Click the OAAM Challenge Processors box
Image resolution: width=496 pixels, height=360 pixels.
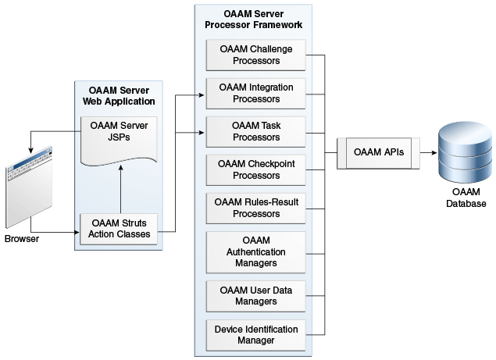click(x=255, y=55)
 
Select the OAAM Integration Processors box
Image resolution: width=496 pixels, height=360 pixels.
click(x=255, y=93)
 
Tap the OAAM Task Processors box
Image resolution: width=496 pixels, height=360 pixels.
click(x=255, y=131)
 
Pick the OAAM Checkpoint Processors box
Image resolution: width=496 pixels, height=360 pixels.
click(x=255, y=169)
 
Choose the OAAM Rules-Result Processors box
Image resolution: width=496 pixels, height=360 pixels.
click(x=255, y=207)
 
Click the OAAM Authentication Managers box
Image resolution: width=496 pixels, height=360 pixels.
click(x=255, y=251)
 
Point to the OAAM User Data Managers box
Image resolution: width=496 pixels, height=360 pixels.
click(x=255, y=296)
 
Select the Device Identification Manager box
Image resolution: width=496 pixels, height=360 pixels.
click(x=255, y=335)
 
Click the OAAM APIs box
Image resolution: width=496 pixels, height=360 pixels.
click(x=379, y=153)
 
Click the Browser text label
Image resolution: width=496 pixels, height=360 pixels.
click(x=22, y=238)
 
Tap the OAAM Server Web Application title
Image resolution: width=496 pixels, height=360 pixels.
click(x=119, y=96)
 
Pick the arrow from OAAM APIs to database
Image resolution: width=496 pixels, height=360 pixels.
click(x=426, y=153)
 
